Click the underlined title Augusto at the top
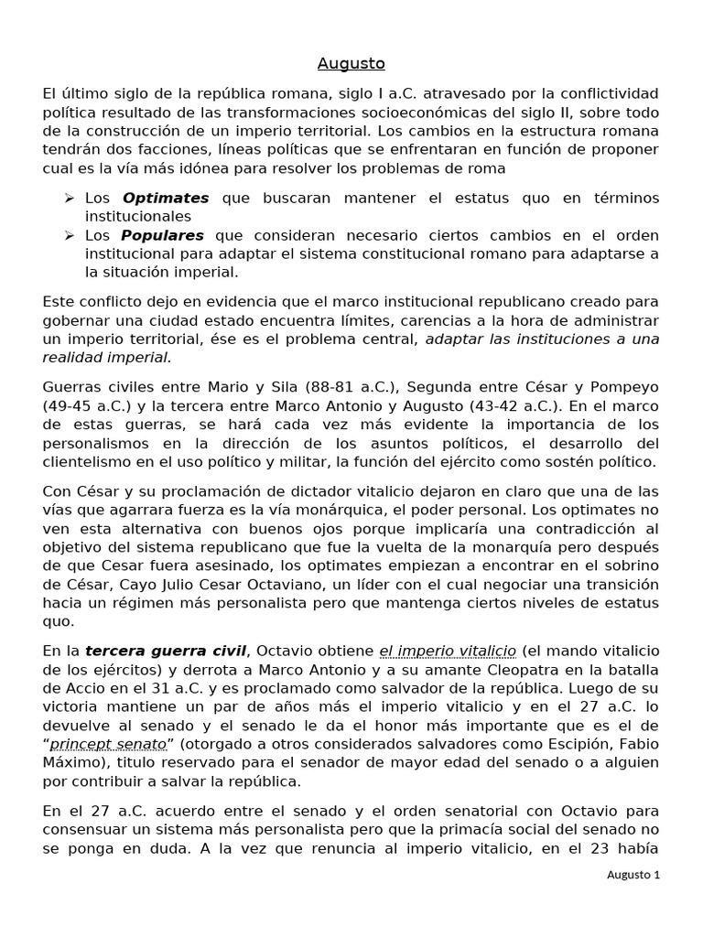tap(351, 63)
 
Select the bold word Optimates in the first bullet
tap(166, 198)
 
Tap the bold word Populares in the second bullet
tap(163, 235)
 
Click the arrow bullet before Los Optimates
tap(70, 198)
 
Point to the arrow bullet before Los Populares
tap(70, 235)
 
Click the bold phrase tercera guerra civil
tap(167, 651)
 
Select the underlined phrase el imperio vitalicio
tap(448, 651)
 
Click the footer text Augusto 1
tap(633, 874)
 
